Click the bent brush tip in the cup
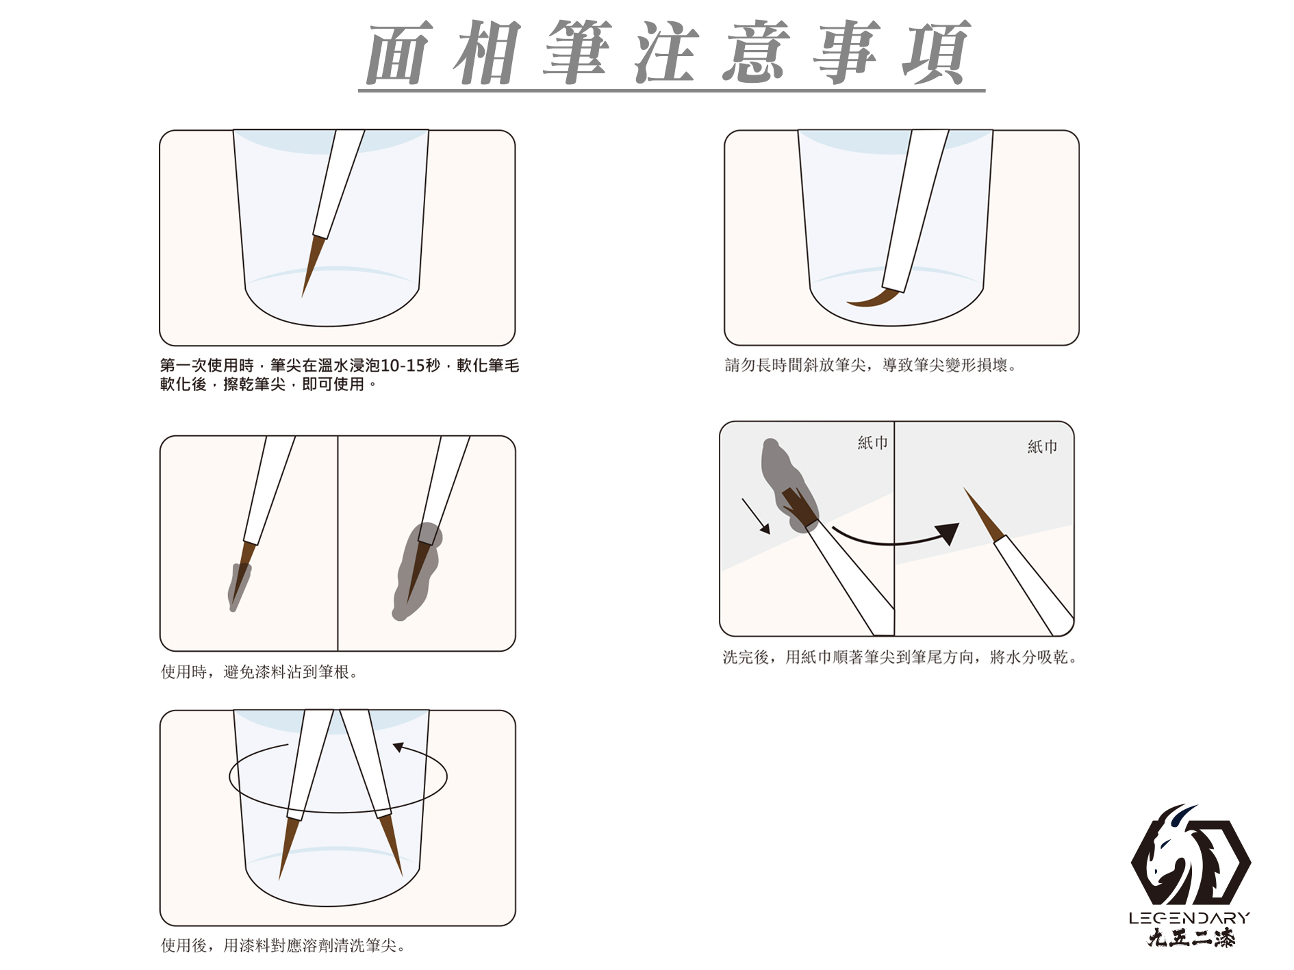point(873,298)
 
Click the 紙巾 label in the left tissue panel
point(872,443)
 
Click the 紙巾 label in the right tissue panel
point(1042,447)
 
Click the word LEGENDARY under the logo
point(1190,918)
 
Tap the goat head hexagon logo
point(1191,855)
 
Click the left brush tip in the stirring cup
point(288,847)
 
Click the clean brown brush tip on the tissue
point(983,513)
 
